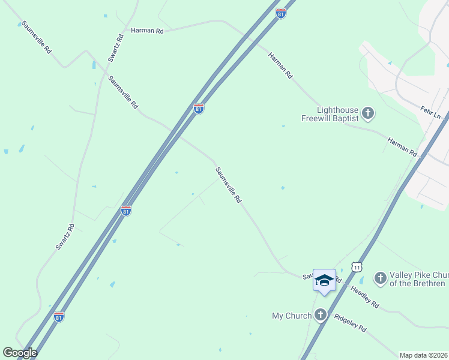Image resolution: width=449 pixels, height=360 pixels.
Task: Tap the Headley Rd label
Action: [x=365, y=296]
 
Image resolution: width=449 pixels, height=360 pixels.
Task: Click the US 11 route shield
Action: [x=358, y=266]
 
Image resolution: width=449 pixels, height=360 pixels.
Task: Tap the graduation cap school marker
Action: [x=324, y=280]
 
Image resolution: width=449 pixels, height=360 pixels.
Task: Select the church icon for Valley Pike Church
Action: [x=379, y=278]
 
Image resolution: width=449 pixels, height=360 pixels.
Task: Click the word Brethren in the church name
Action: [x=426, y=284]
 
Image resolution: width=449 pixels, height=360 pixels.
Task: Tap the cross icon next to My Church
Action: [x=321, y=315]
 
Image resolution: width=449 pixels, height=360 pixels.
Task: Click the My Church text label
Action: [x=292, y=316]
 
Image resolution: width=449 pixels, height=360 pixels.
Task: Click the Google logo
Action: [x=20, y=353]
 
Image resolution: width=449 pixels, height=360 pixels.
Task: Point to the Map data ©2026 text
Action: [x=423, y=355]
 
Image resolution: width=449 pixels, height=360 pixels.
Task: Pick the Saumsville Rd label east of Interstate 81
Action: [x=229, y=185]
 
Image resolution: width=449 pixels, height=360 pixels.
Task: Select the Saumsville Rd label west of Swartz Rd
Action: [x=36, y=38]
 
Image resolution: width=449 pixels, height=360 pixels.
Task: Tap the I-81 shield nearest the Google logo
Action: [x=58, y=317]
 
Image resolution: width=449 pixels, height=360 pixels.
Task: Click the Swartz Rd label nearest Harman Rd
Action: [x=116, y=47]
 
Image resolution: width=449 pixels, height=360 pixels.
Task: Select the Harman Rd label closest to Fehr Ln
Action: [x=402, y=146]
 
